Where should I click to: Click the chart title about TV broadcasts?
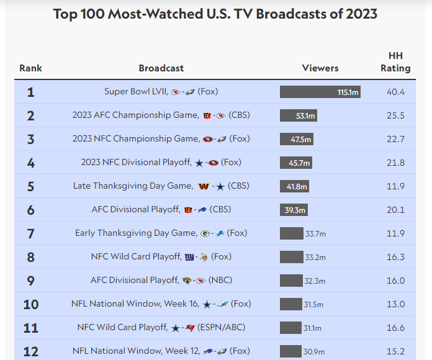tap(215, 14)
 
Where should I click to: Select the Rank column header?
tap(30, 68)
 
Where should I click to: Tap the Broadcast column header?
tap(161, 68)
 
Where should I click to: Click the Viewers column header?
tap(320, 68)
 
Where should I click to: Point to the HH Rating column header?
tap(395, 62)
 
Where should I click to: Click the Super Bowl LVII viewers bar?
tap(320, 92)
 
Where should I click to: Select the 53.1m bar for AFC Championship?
tap(298, 115)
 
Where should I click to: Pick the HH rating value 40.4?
tap(395, 92)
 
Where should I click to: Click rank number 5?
tap(30, 186)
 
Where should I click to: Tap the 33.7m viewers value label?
tap(315, 233)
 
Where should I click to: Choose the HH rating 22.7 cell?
tap(395, 139)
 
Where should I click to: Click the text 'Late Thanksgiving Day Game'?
tap(133, 186)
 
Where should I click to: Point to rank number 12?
tap(30, 351)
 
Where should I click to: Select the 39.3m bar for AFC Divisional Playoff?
tap(294, 210)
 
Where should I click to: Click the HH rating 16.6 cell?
tap(395, 328)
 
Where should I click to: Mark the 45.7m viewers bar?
tap(295, 163)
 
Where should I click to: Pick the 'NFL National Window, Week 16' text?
tap(135, 304)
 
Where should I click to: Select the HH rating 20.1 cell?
tap(395, 210)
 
